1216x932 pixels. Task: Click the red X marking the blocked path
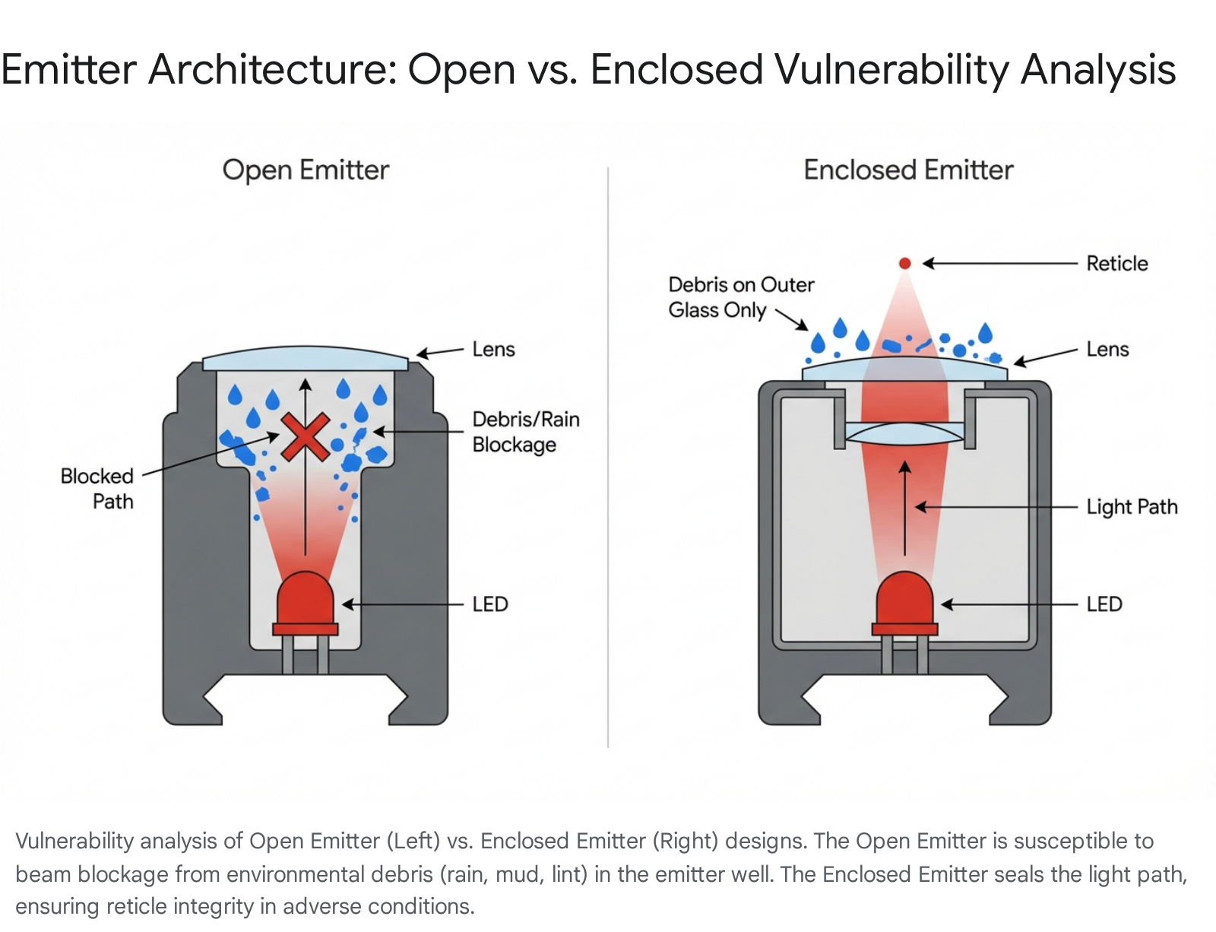pyautogui.click(x=305, y=437)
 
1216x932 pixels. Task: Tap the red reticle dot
pyautogui.click(x=904, y=263)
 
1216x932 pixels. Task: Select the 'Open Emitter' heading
pyautogui.click(x=306, y=170)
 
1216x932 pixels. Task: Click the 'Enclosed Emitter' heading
pyautogui.click(x=908, y=170)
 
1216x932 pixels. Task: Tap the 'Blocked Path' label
pyautogui.click(x=98, y=489)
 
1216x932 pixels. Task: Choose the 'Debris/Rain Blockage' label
pyautogui.click(x=525, y=432)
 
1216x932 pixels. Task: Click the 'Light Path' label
pyautogui.click(x=1131, y=507)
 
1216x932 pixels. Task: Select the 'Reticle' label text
pyautogui.click(x=1116, y=264)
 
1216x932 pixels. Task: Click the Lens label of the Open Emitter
pyautogui.click(x=493, y=350)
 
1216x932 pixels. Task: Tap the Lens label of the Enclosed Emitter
pyautogui.click(x=1107, y=350)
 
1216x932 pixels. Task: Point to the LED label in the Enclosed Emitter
pyautogui.click(x=1104, y=604)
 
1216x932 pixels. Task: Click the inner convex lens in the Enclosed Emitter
pyautogui.click(x=904, y=434)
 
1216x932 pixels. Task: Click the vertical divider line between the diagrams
pyautogui.click(x=608, y=456)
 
